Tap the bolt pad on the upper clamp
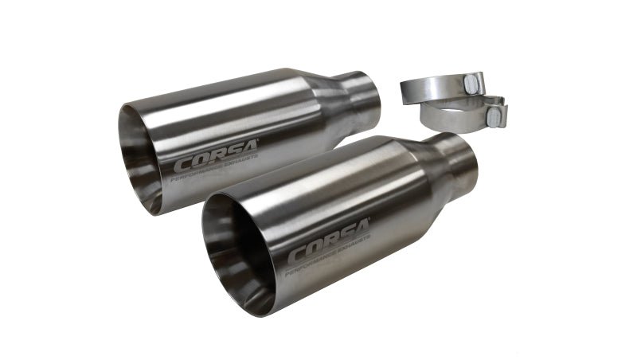click(x=475, y=83)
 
